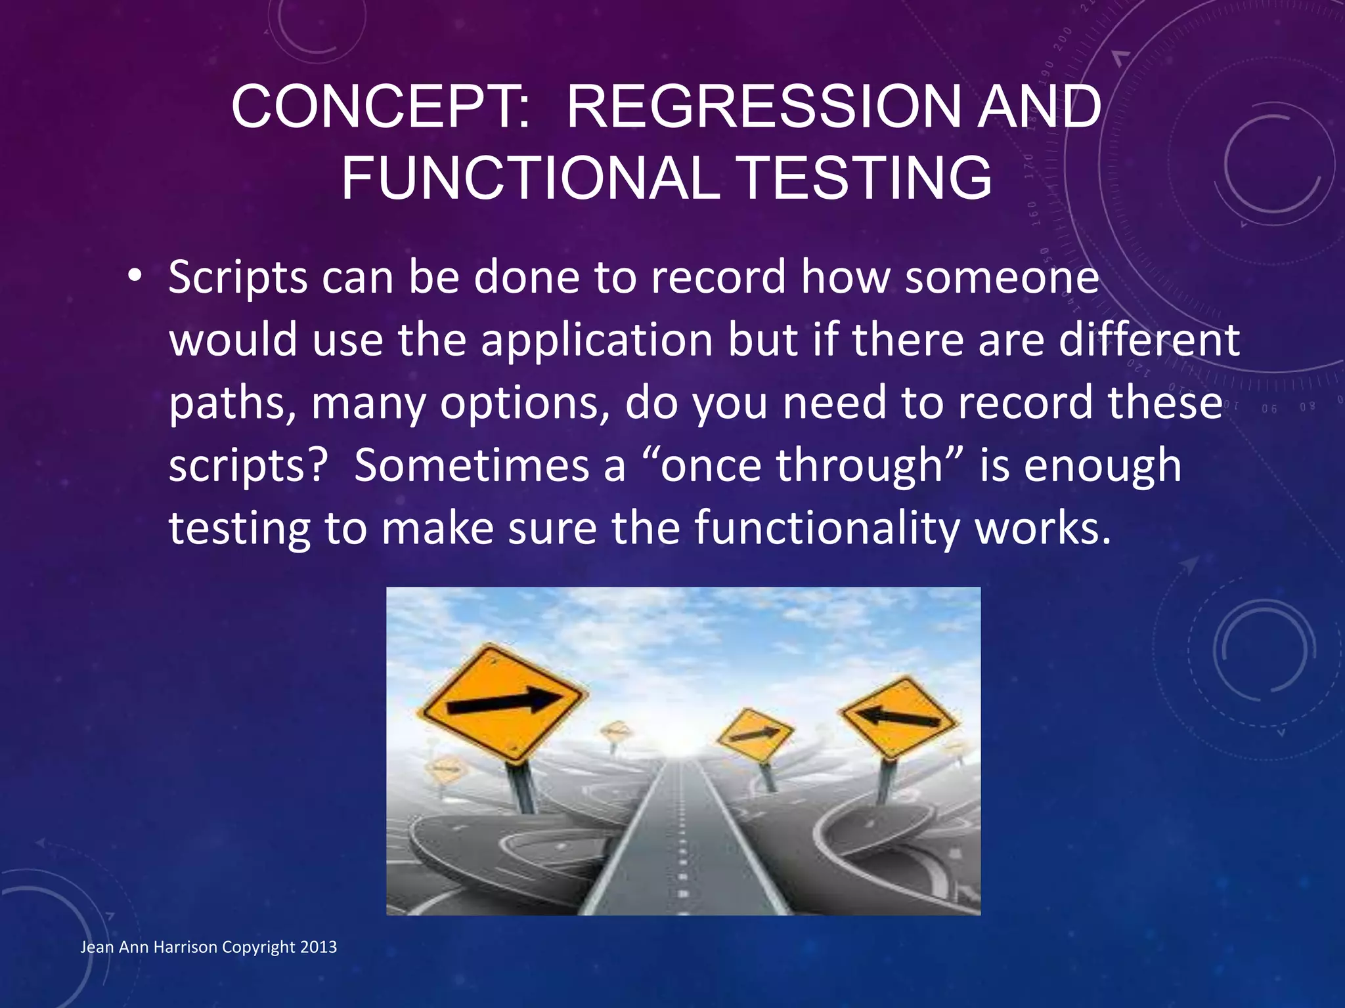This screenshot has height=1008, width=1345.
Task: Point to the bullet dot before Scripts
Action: (135, 276)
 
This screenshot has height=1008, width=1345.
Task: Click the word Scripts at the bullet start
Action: (238, 278)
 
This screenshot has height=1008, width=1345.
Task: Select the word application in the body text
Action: (597, 340)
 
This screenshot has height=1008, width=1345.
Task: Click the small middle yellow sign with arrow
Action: (754, 734)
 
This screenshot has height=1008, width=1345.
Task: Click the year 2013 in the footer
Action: (318, 947)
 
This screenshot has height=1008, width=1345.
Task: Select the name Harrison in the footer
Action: (186, 947)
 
